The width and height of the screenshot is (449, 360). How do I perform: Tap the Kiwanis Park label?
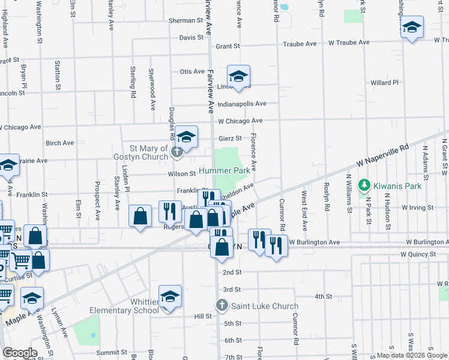click(393, 186)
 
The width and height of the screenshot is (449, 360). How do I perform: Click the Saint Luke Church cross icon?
click(222, 305)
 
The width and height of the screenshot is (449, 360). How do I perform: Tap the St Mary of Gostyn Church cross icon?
click(177, 152)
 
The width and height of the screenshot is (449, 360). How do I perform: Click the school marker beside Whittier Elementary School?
click(170, 296)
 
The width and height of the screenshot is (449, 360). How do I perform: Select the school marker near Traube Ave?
click(412, 27)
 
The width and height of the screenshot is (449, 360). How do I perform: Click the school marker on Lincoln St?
click(238, 76)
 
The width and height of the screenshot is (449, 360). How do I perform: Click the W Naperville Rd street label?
click(382, 155)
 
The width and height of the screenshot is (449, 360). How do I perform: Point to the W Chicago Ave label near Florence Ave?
click(241, 121)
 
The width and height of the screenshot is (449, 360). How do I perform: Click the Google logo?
click(20, 353)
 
